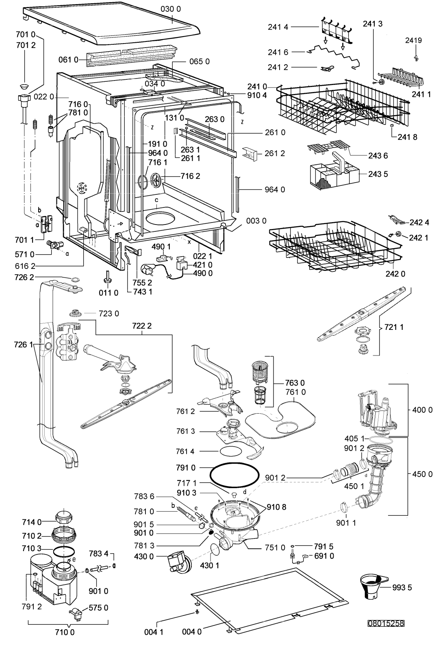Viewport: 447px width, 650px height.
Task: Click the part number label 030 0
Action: (x=170, y=9)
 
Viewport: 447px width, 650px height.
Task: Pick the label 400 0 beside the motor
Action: (x=422, y=410)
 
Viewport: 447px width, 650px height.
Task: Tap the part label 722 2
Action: (x=142, y=326)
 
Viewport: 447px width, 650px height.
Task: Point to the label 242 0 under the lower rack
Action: (x=395, y=274)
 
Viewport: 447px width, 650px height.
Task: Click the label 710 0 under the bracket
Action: (x=64, y=632)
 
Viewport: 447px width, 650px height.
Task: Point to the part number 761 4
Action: (x=185, y=451)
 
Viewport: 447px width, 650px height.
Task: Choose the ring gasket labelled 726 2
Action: (x=75, y=279)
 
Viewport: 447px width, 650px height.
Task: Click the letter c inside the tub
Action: (x=156, y=200)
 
